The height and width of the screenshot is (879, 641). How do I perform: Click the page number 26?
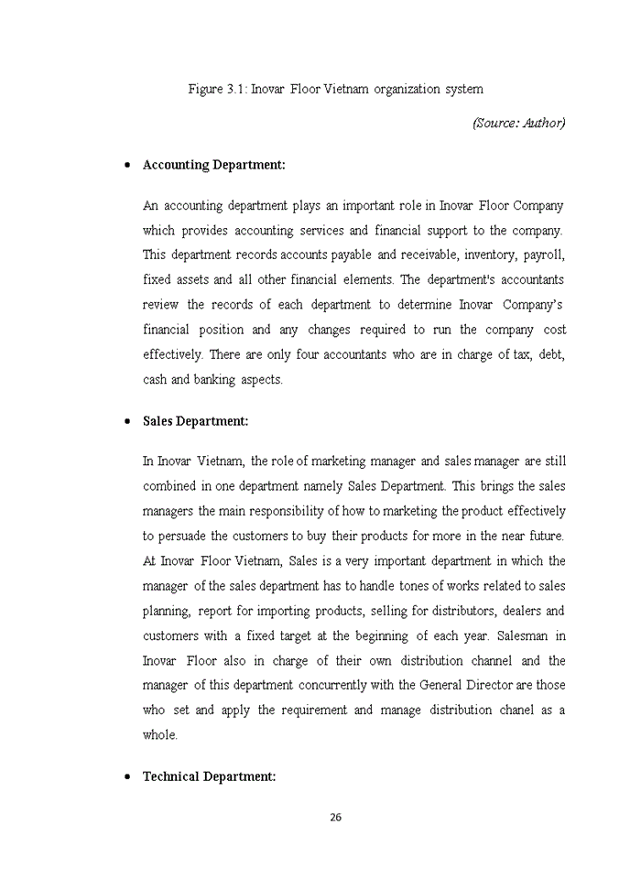tap(335, 818)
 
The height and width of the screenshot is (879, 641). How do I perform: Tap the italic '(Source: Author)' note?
tap(518, 123)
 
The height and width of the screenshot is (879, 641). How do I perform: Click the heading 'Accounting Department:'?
tap(214, 165)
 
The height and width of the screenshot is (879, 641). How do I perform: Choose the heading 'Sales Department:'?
tap(196, 421)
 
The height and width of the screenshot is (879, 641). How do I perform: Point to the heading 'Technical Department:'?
tap(209, 776)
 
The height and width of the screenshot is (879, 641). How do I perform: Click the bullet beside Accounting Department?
tap(125, 166)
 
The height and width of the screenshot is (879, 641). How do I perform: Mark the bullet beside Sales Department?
tap(125, 422)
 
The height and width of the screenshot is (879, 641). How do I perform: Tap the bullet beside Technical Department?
tap(125, 777)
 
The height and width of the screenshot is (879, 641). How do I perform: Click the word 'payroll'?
tap(542, 255)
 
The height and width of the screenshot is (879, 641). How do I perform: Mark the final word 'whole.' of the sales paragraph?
tap(160, 734)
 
